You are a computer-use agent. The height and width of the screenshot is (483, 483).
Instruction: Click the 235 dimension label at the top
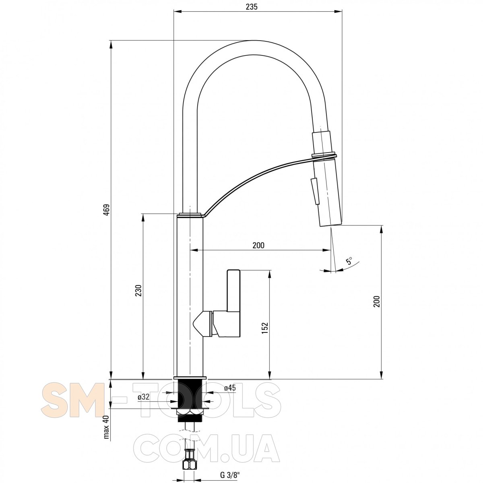click(x=252, y=7)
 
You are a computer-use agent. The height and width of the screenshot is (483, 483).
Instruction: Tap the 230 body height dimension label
click(x=138, y=290)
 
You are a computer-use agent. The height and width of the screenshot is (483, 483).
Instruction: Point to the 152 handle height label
click(x=265, y=328)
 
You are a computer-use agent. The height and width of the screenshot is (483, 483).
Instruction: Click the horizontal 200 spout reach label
click(x=258, y=245)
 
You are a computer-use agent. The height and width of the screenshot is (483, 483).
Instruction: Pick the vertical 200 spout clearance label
click(x=377, y=301)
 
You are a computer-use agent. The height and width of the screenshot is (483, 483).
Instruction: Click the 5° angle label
click(x=349, y=261)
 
